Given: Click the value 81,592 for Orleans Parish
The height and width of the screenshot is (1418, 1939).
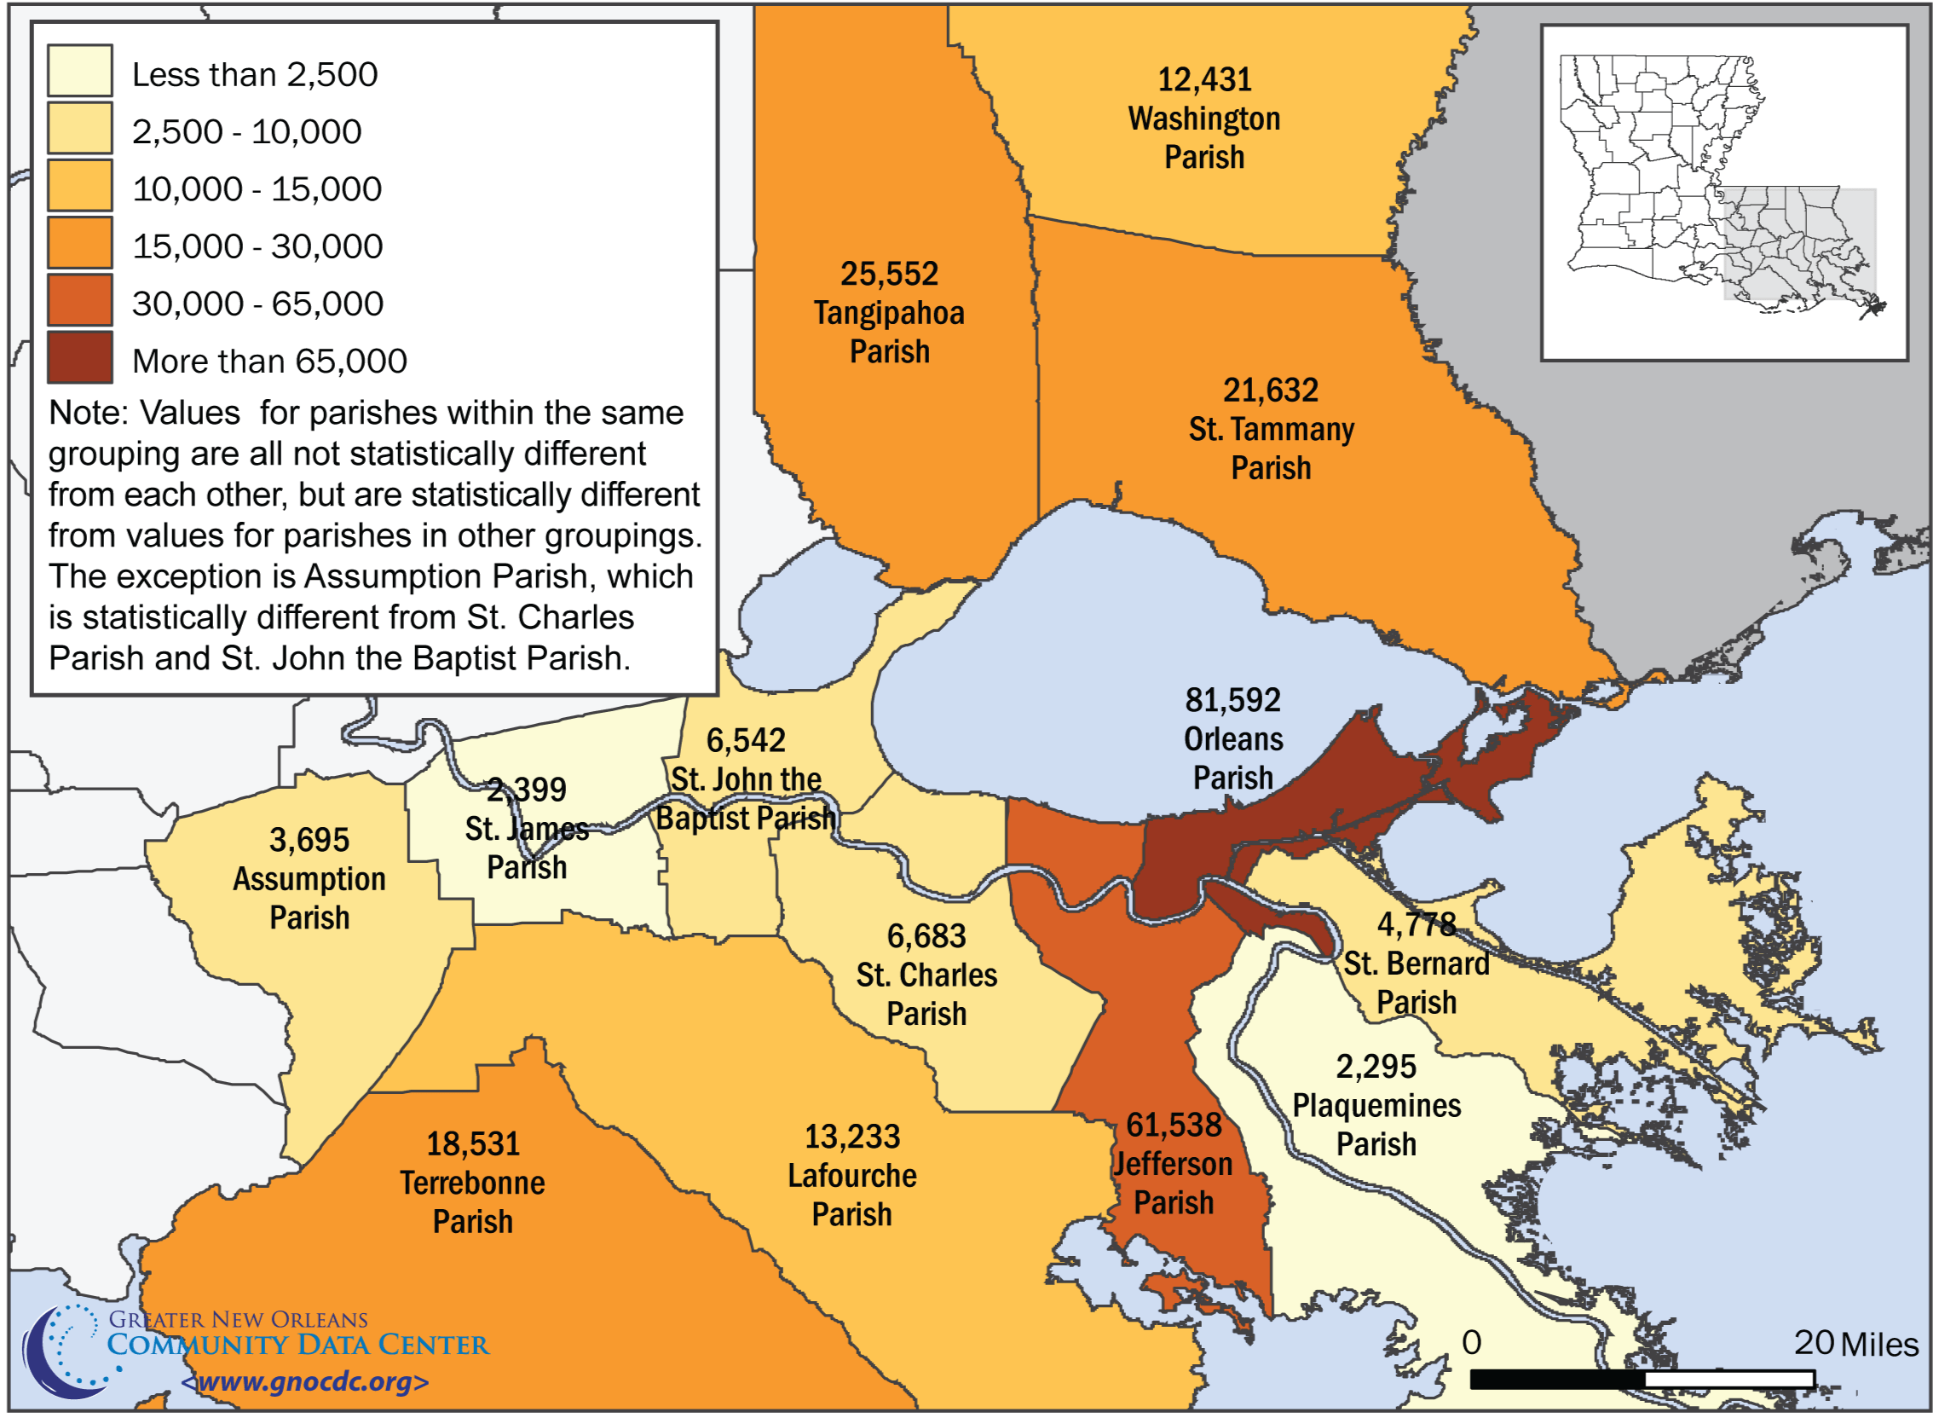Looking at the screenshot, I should [1233, 700].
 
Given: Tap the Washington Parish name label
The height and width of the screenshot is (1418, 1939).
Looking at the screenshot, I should [1203, 137].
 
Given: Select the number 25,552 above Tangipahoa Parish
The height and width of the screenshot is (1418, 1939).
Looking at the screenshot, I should [889, 274].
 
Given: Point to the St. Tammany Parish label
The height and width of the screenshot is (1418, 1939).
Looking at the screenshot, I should [1271, 448].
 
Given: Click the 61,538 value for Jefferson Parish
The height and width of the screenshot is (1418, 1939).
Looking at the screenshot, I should [1173, 1126].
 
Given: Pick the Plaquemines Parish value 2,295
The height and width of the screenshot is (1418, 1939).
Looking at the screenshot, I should [1376, 1067].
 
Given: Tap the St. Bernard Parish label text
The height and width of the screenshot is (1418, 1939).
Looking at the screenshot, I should [1416, 983].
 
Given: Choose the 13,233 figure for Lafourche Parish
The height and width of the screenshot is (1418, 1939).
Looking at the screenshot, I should [852, 1137].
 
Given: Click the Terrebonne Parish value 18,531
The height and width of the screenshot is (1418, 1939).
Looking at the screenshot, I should [473, 1144].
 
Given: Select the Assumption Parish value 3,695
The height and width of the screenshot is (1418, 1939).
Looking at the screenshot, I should [309, 841].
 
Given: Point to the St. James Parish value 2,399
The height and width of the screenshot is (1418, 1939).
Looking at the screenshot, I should [527, 790].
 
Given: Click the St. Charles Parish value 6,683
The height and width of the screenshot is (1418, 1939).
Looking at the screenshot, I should [926, 936].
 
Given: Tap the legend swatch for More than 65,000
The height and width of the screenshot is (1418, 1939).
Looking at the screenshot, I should [80, 357].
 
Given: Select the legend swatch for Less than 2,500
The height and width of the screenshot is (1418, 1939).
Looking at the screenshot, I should [80, 71].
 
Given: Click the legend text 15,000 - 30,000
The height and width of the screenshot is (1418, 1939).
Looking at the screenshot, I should [257, 246].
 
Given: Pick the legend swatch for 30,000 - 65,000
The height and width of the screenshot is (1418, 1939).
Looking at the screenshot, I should [80, 299].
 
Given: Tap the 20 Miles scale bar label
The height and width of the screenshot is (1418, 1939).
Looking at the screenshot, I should [1855, 1345].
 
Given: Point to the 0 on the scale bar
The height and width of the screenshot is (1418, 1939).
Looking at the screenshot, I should [1471, 1343].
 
